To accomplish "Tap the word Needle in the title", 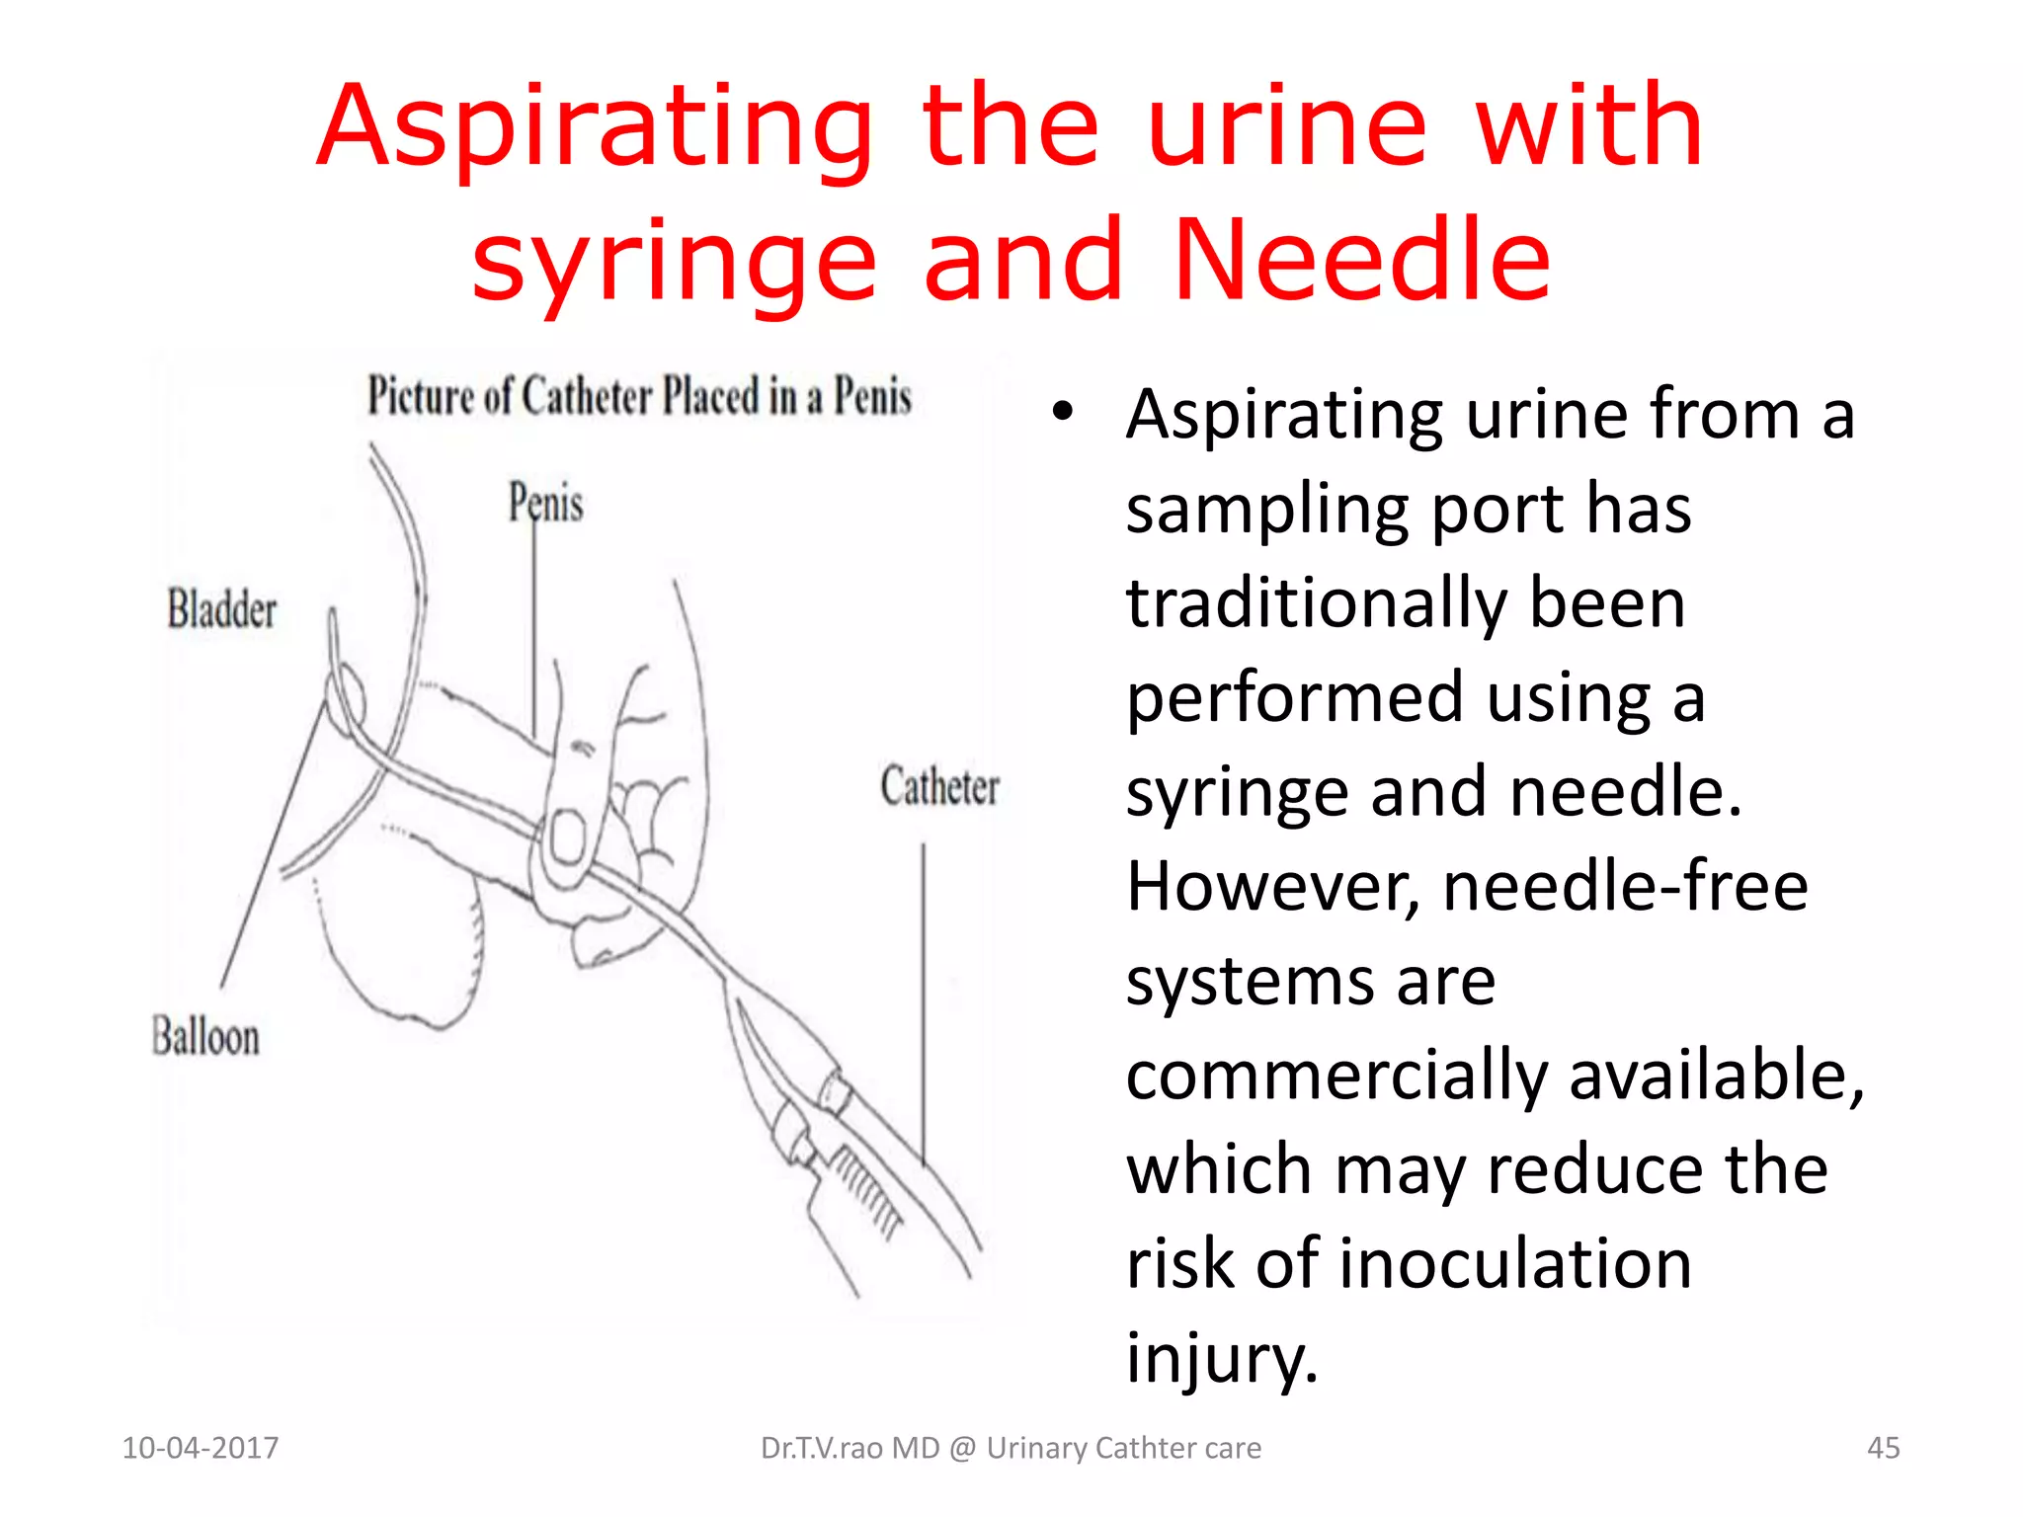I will pyautogui.click(x=1363, y=261).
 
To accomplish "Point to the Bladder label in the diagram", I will pyautogui.click(x=221, y=609).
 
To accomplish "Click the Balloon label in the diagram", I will pyautogui.click(x=205, y=1037).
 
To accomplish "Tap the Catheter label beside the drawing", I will pyautogui.click(x=939, y=787).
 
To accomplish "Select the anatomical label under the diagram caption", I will pyautogui.click(x=545, y=503).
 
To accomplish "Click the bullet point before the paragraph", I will pyautogui.click(x=1062, y=412).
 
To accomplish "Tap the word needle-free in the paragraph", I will pyautogui.click(x=1625, y=886).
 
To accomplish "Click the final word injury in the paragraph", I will pyautogui.click(x=1221, y=1358).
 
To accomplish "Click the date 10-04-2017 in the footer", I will pyautogui.click(x=200, y=1448).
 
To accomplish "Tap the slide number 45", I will pyautogui.click(x=1883, y=1448).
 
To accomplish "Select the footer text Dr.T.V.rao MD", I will pyautogui.click(x=850, y=1448).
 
